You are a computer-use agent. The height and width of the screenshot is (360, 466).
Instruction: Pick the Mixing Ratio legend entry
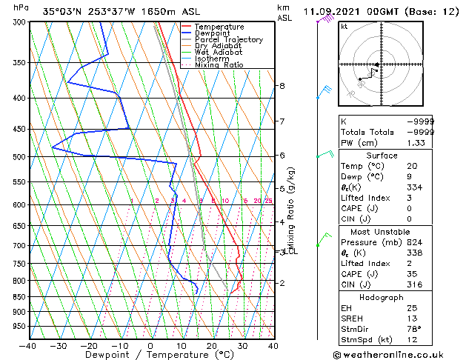tap(219, 65)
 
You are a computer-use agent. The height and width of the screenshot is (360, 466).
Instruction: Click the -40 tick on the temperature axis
tap(27, 345)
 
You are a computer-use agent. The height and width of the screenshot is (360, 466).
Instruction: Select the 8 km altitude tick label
tap(282, 86)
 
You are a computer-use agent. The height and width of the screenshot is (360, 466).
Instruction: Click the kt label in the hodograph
tap(344, 26)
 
